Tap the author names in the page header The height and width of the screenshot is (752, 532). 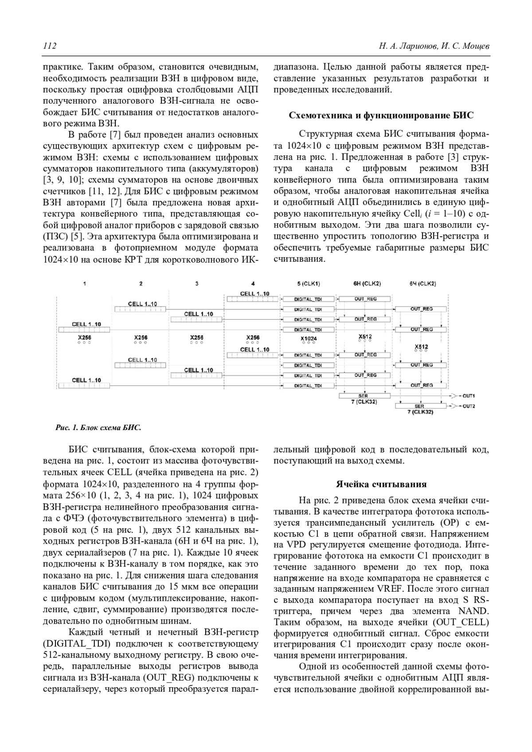point(434,46)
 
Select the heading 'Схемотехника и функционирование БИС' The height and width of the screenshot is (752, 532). point(381,116)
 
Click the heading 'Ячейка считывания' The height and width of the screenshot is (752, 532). point(381,484)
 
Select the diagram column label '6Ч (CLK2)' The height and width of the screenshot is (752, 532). point(422,283)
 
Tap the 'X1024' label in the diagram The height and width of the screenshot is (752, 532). point(309,338)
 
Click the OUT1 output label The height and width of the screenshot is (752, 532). point(469,395)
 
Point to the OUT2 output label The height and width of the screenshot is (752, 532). point(469,406)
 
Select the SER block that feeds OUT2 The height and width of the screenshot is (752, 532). point(419,406)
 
